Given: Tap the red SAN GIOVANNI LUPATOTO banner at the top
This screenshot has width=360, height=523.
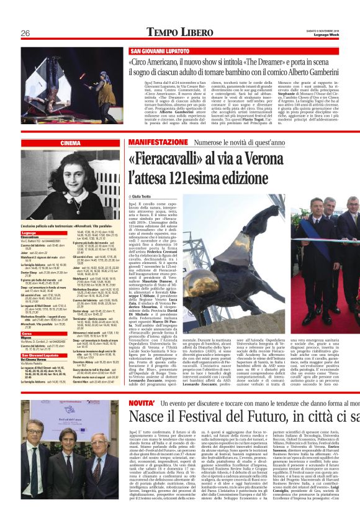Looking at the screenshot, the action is tap(161, 51).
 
